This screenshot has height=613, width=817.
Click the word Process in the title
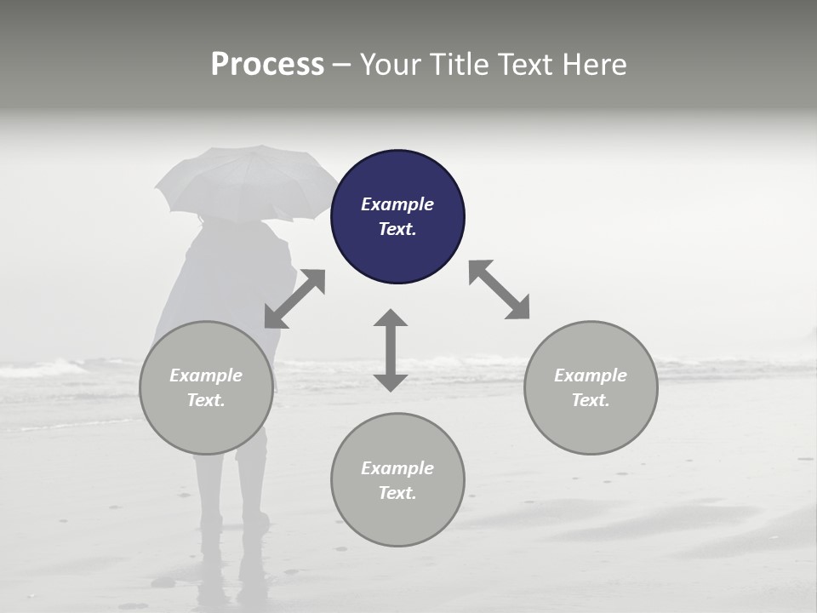point(267,65)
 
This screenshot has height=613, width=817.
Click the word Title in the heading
point(460,65)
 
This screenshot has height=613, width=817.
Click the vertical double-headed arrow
point(391,350)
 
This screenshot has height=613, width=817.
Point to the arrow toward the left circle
point(294,299)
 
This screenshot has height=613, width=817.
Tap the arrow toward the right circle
point(499,289)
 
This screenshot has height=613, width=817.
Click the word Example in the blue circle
point(397,204)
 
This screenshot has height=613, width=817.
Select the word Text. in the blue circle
point(397,229)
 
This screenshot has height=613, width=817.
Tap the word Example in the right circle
point(591,375)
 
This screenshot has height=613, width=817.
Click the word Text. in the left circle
point(206,400)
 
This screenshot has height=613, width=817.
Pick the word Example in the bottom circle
point(397,468)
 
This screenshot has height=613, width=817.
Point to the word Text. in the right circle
point(591,400)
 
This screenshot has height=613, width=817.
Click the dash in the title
point(341,65)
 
